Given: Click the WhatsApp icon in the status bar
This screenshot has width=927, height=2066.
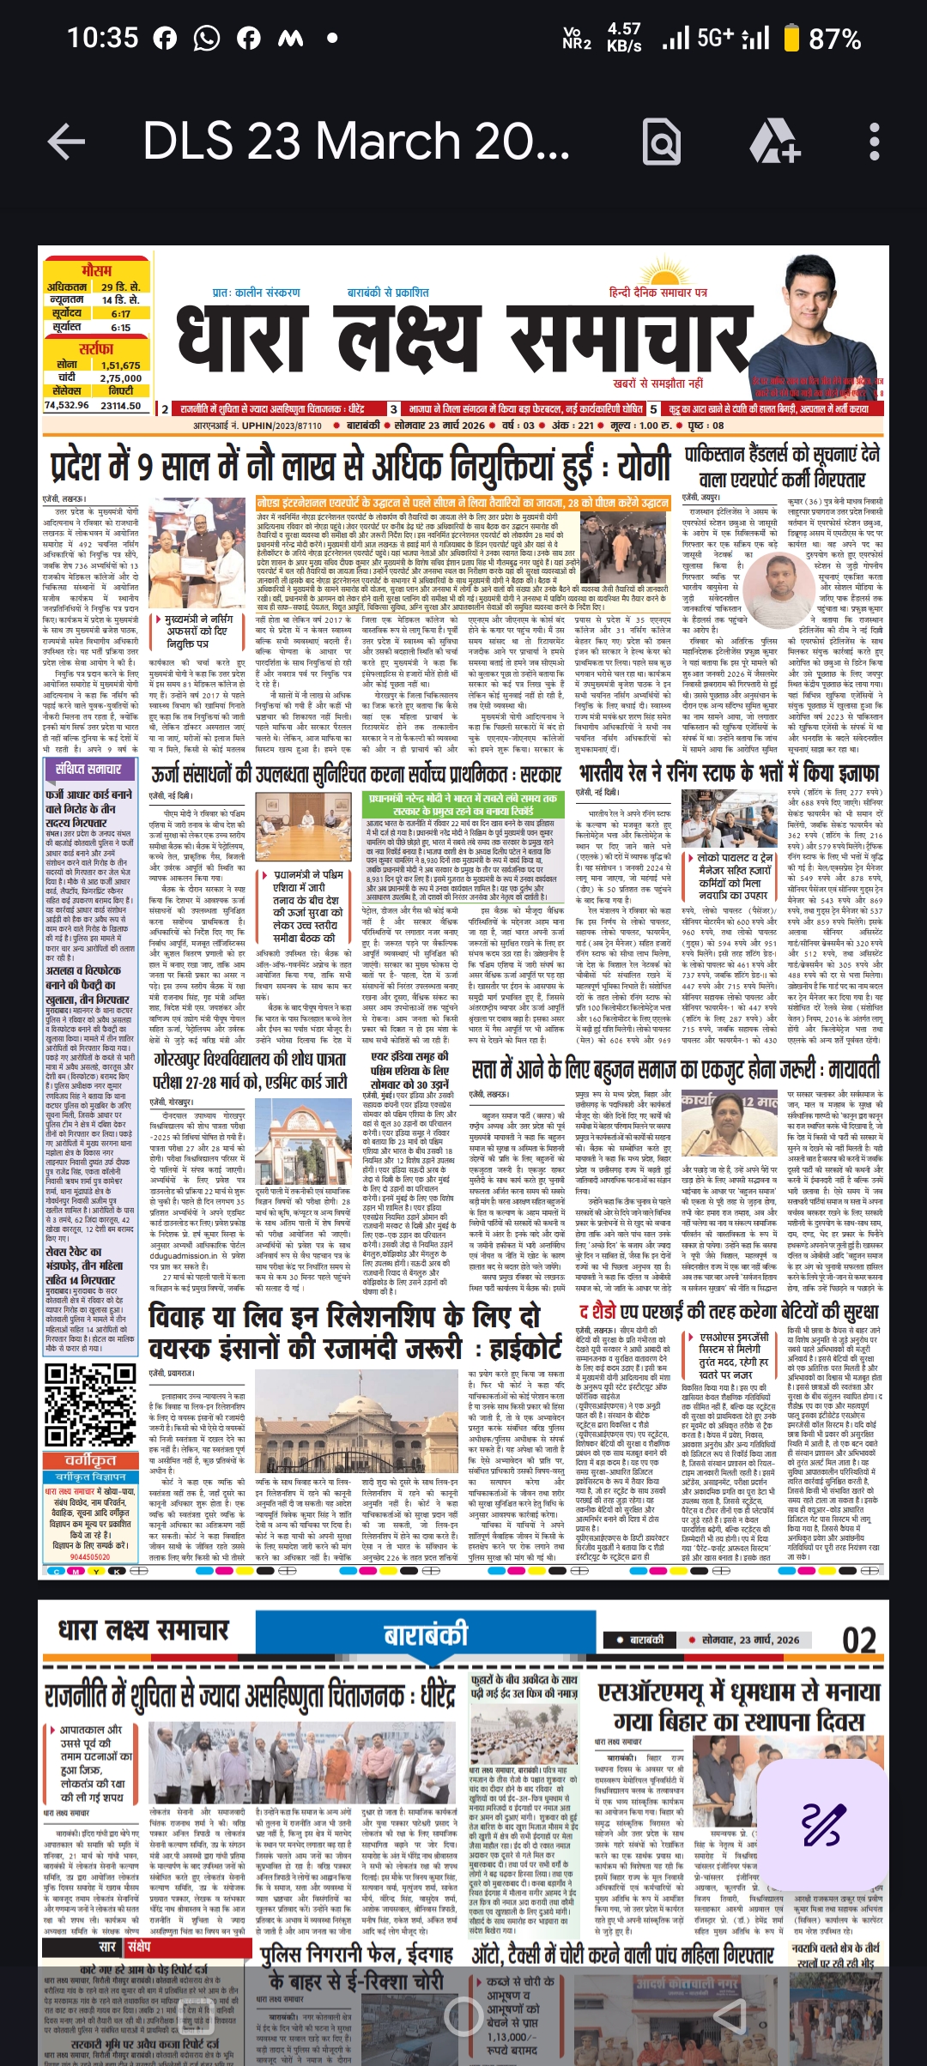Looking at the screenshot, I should click(207, 39).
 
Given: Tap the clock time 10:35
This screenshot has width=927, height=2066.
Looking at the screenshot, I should click(102, 39).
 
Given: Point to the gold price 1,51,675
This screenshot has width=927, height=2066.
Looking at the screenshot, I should click(120, 365).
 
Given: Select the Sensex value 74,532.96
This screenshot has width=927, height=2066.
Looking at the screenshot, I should click(67, 405).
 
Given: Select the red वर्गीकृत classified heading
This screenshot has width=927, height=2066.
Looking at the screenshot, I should click(91, 1460).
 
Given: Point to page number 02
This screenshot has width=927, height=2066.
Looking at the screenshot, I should click(858, 1640).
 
